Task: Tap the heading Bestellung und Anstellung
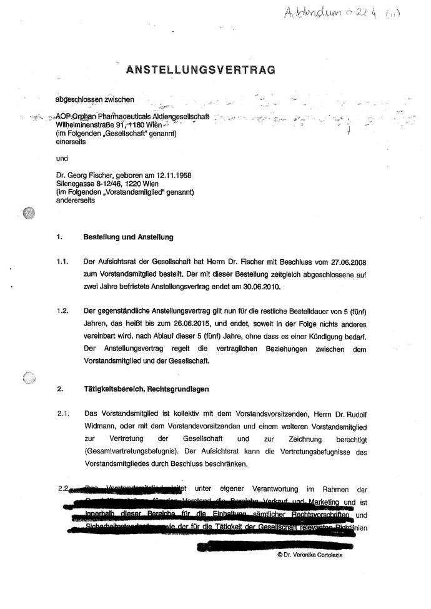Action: click(x=127, y=237)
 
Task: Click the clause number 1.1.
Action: click(x=62, y=263)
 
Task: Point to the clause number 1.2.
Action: click(x=62, y=310)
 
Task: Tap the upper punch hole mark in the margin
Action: click(x=28, y=214)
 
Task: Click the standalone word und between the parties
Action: click(x=62, y=159)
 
